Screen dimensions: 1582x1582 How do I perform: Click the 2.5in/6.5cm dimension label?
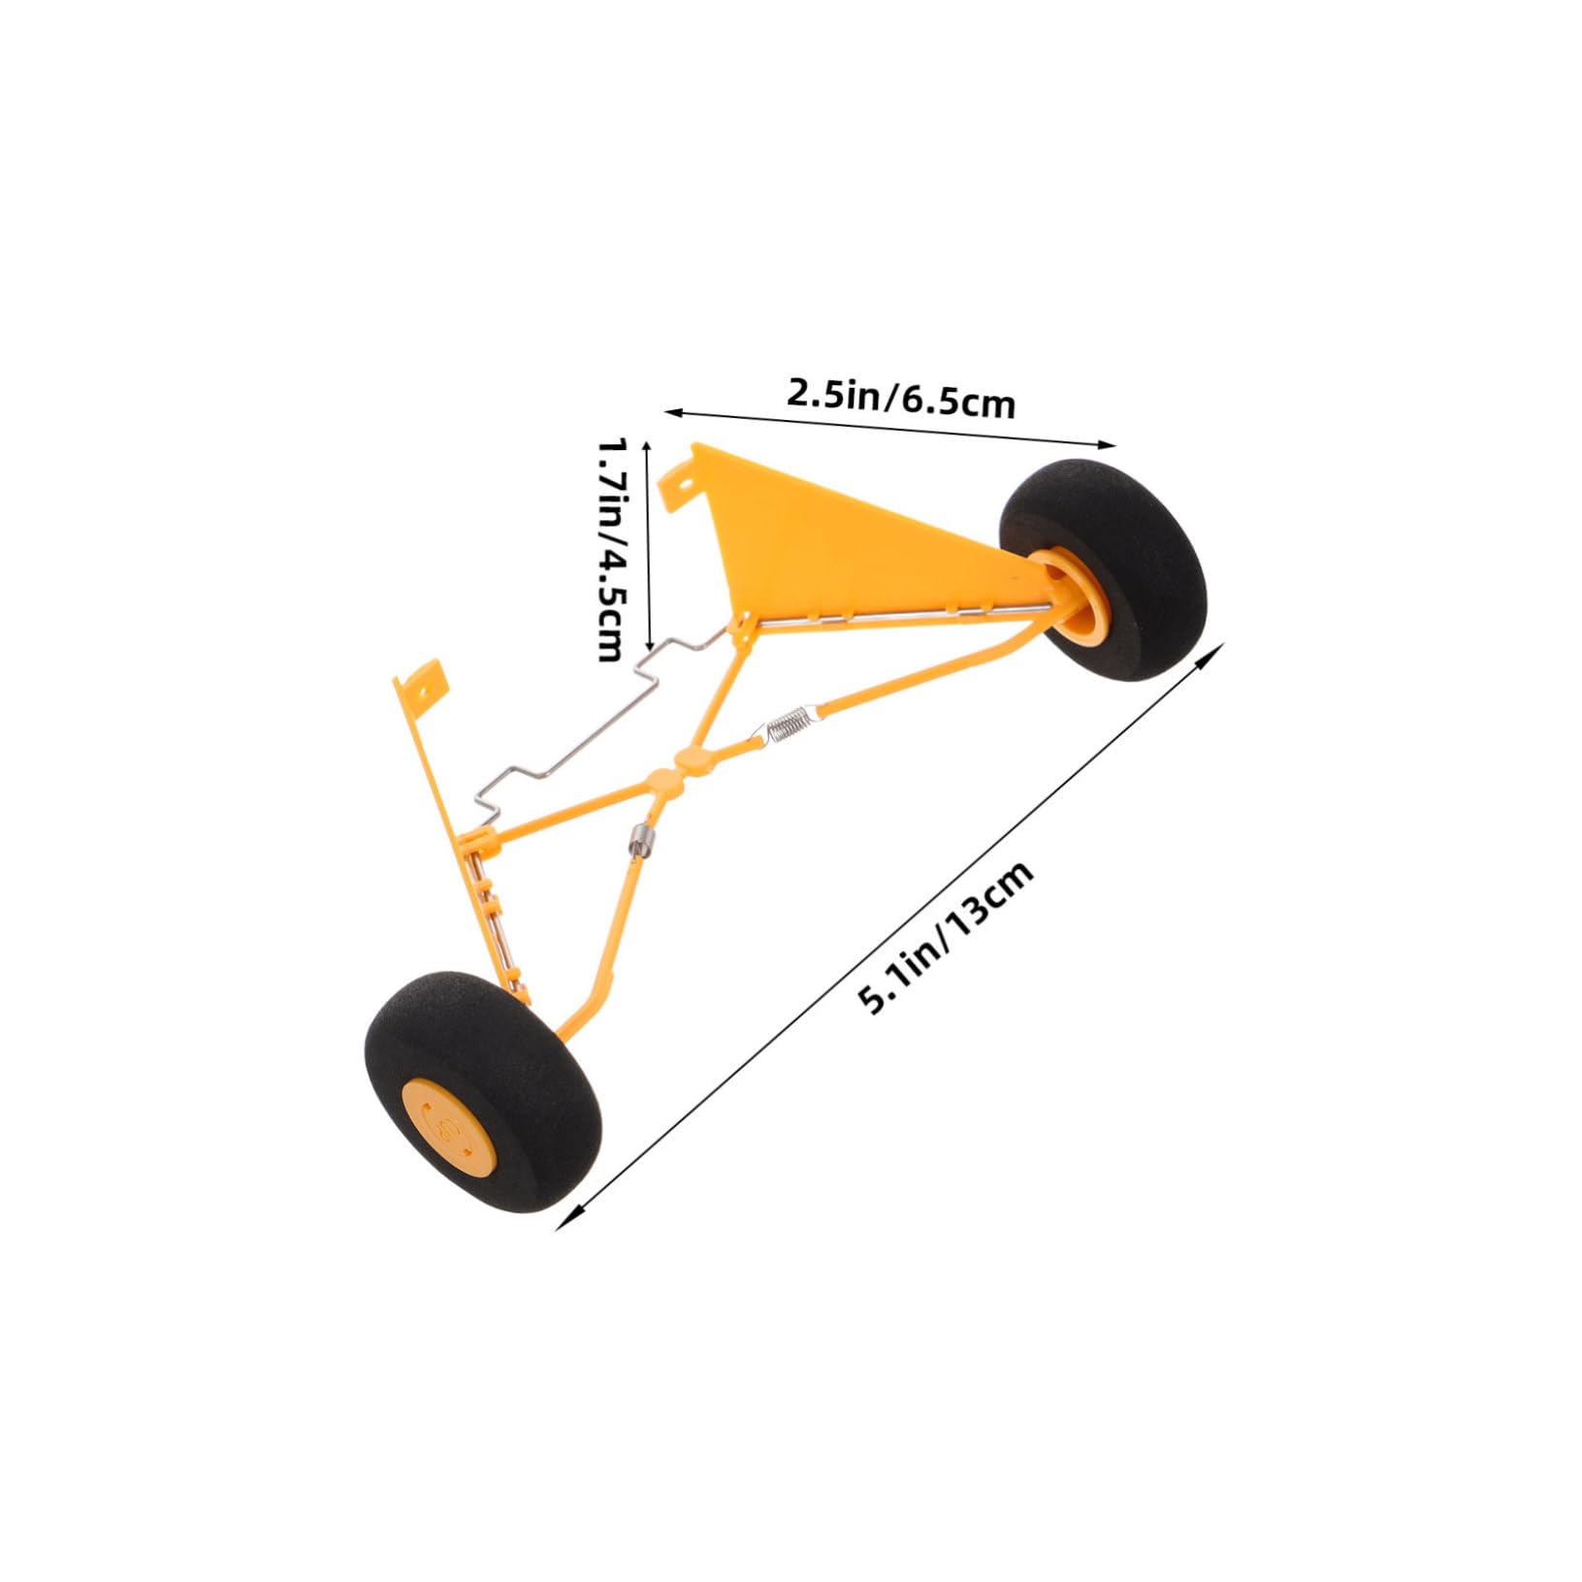pyautogui.click(x=900, y=399)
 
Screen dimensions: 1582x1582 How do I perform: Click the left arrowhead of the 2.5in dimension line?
pyautogui.click(x=669, y=412)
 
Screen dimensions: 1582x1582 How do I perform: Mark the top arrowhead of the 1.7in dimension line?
pyautogui.click(x=648, y=442)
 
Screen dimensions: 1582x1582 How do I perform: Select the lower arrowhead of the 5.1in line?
pyautogui.click(x=561, y=1224)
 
